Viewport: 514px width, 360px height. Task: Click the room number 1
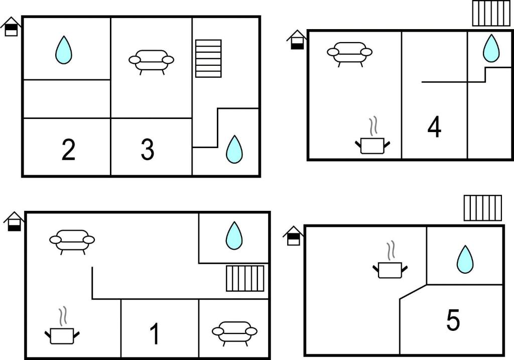click(155, 334)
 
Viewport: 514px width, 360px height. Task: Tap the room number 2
click(68, 150)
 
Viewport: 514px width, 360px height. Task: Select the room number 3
click(147, 150)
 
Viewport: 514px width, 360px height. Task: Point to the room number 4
click(434, 128)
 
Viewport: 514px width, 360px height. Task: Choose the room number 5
click(453, 321)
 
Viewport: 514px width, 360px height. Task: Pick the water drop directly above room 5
click(465, 259)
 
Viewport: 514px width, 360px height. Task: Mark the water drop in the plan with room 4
click(491, 48)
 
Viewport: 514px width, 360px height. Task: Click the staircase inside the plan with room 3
click(208, 58)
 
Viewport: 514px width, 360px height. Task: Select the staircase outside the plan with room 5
click(482, 208)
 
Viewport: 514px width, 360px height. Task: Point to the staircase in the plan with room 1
click(245, 279)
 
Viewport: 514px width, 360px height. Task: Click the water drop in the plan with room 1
click(234, 235)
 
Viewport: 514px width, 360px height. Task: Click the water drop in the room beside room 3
click(234, 149)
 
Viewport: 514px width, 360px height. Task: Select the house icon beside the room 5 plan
click(293, 235)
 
